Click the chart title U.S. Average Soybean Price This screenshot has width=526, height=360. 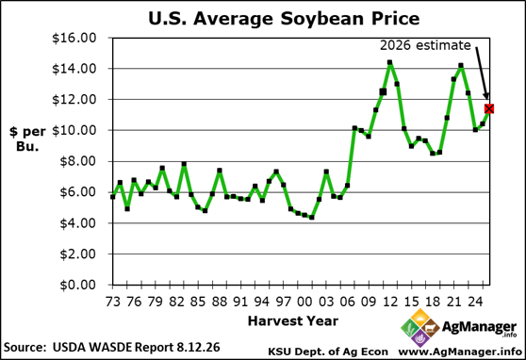pos(284,18)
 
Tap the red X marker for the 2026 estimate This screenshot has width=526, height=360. pos(489,108)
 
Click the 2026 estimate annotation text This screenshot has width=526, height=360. pos(425,45)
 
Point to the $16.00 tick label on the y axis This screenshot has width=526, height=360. pos(74,38)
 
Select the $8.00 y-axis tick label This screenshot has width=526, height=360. pos(78,161)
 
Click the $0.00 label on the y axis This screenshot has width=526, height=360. pos(78,285)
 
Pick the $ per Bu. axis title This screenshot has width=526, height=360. pos(27,139)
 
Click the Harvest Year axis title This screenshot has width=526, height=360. pos(293,321)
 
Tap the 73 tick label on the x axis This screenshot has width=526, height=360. pos(113,302)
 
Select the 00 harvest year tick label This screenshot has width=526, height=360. pos(304,302)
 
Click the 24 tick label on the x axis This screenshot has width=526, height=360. pos(475,302)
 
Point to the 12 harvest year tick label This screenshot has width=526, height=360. pos(390,302)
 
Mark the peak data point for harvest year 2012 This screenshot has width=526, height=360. pos(389,62)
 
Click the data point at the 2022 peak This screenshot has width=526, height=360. pos(461,66)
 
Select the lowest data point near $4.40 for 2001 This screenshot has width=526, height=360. pos(312,218)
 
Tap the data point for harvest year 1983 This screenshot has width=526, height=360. pos(184,164)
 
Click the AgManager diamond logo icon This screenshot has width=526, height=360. pos(419,328)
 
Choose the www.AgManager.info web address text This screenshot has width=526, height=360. pos(460,352)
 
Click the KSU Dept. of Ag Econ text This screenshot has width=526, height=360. pos(328,352)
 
